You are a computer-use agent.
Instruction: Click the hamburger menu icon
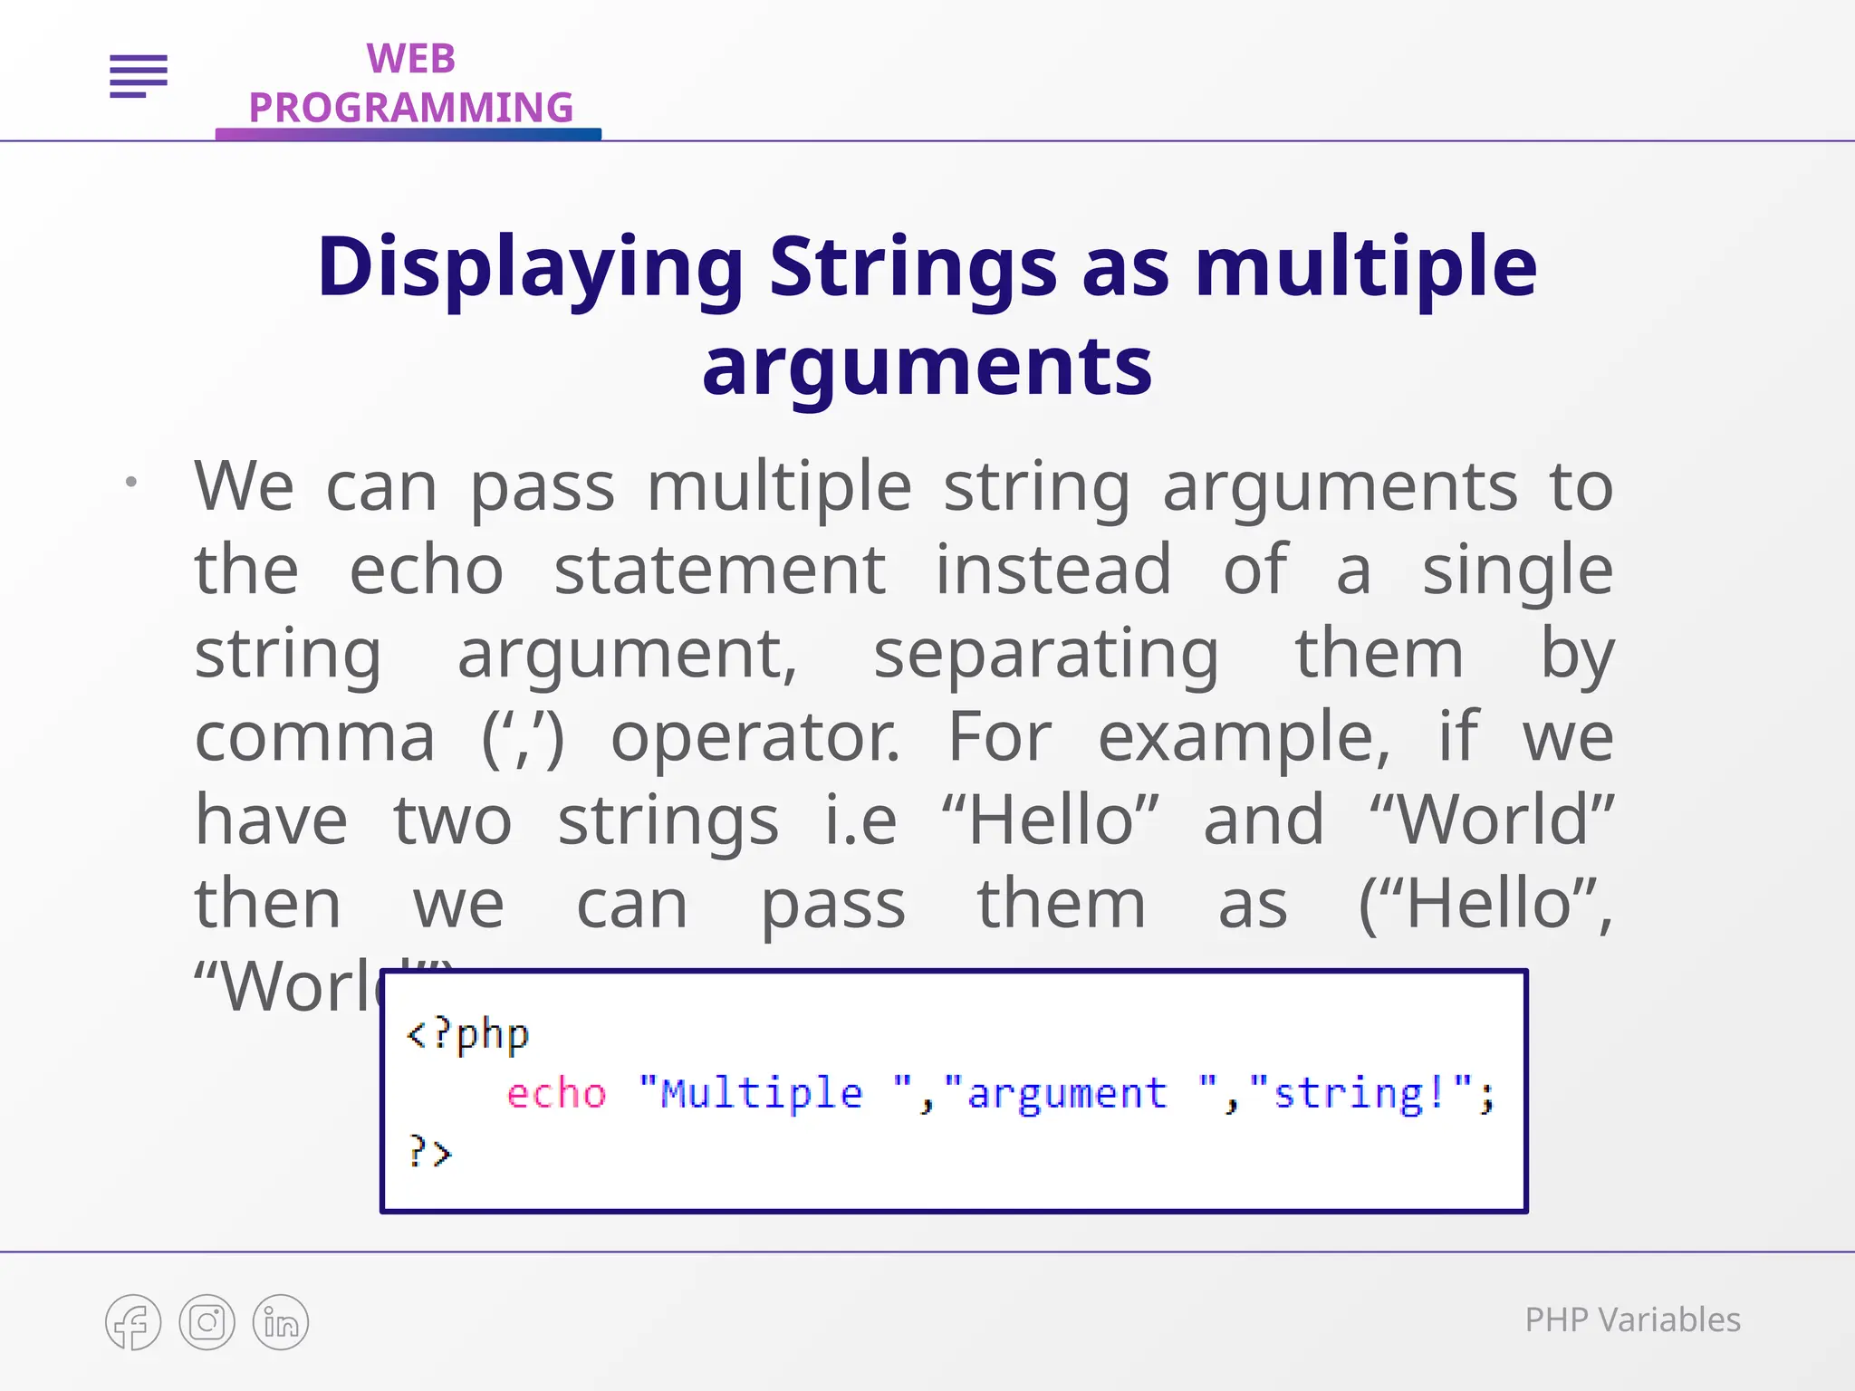pyautogui.click(x=139, y=75)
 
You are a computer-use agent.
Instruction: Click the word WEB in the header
pyautogui.click(x=410, y=59)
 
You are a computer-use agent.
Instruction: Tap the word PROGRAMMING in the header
pyautogui.click(x=410, y=108)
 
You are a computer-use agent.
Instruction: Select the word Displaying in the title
pyautogui.click(x=530, y=267)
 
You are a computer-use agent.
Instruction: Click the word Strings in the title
pyautogui.click(x=913, y=267)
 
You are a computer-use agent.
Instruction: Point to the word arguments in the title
pyautogui.click(x=927, y=367)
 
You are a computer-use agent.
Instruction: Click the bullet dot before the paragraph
pyautogui.click(x=131, y=482)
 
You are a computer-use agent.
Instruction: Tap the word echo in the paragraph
pyautogui.click(x=426, y=571)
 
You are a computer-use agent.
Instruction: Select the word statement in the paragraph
pyautogui.click(x=720, y=571)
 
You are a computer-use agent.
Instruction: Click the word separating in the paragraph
pyautogui.click(x=1046, y=655)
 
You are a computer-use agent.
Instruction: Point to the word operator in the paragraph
pyautogui.click(x=754, y=737)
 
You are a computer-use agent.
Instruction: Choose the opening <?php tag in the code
pyautogui.click(x=467, y=1034)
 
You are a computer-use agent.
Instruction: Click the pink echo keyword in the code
pyautogui.click(x=556, y=1093)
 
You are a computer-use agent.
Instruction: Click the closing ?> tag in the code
pyautogui.click(x=429, y=1153)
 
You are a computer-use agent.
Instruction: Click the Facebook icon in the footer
pyautogui.click(x=133, y=1322)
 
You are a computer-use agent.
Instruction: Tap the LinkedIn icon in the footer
pyautogui.click(x=281, y=1322)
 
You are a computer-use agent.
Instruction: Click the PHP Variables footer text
pyautogui.click(x=1632, y=1320)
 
